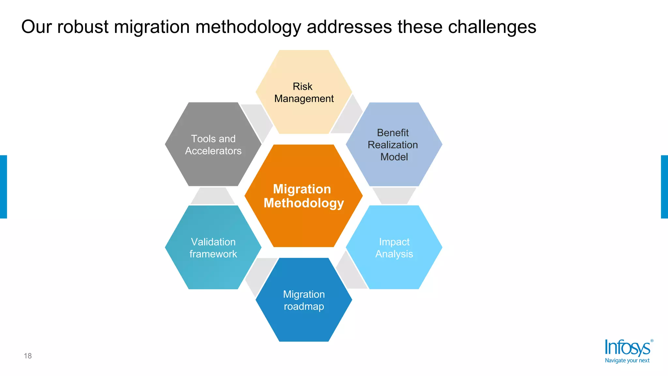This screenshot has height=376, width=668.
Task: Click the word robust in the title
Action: (x=83, y=27)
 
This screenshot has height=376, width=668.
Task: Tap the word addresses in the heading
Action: (x=349, y=27)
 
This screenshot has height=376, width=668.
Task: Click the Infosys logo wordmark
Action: (x=627, y=348)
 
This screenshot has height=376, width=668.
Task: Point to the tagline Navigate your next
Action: (x=627, y=361)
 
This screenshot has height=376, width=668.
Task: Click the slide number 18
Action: (x=28, y=356)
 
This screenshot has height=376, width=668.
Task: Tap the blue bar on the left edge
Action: (x=3, y=187)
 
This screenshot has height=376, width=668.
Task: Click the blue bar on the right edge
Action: (x=664, y=187)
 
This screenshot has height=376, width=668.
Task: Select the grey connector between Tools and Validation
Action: (x=213, y=196)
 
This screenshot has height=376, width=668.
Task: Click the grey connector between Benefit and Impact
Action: (x=394, y=196)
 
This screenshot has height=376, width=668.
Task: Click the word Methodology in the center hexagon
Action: (x=304, y=203)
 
